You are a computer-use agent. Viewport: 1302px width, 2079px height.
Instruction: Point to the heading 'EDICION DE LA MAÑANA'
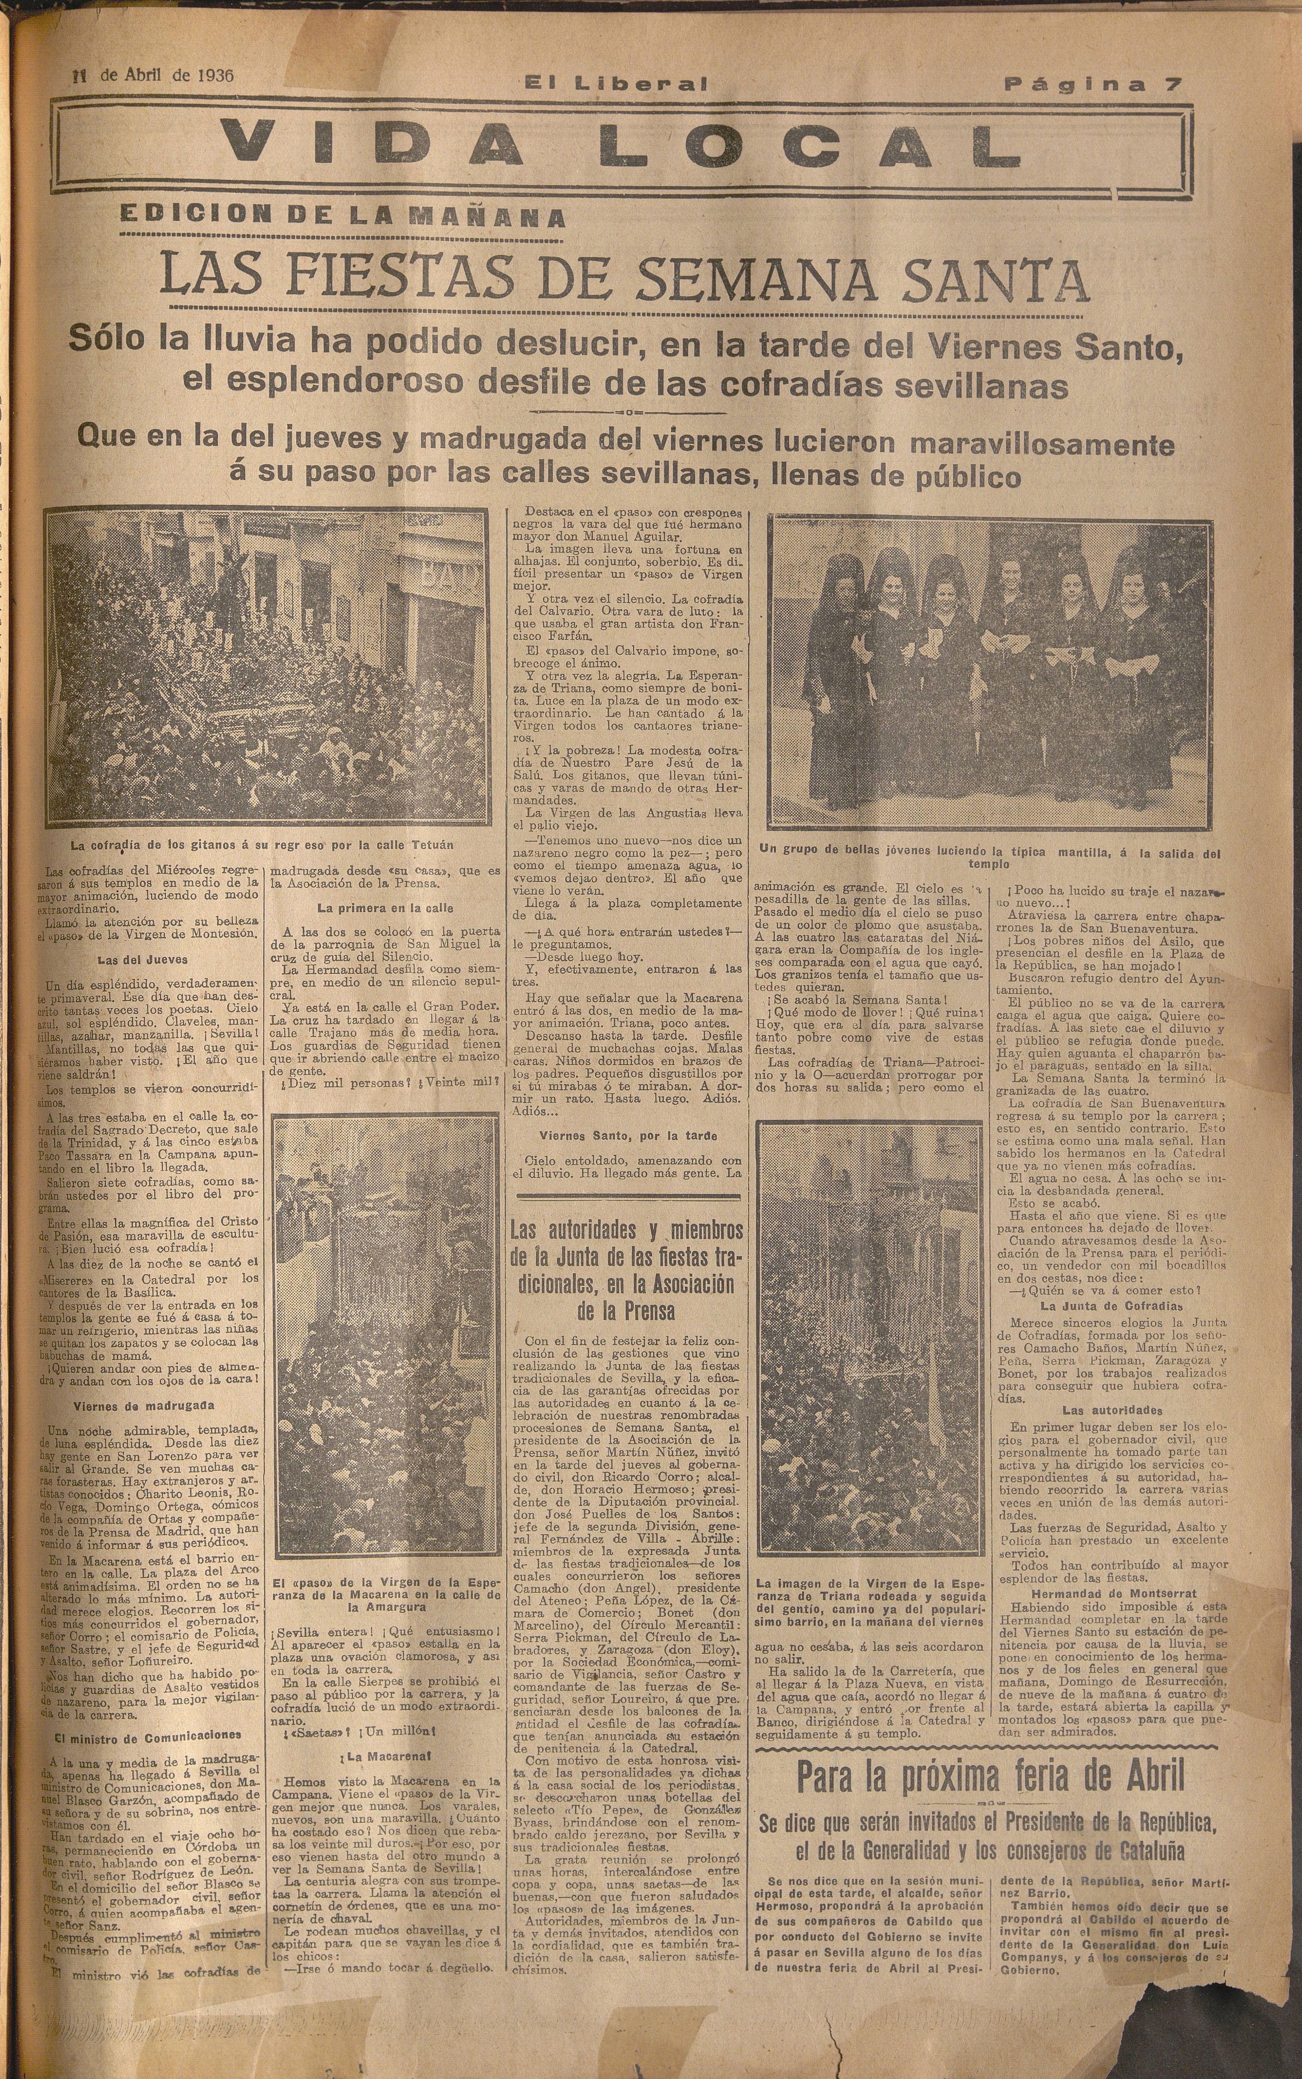[x=343, y=217]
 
